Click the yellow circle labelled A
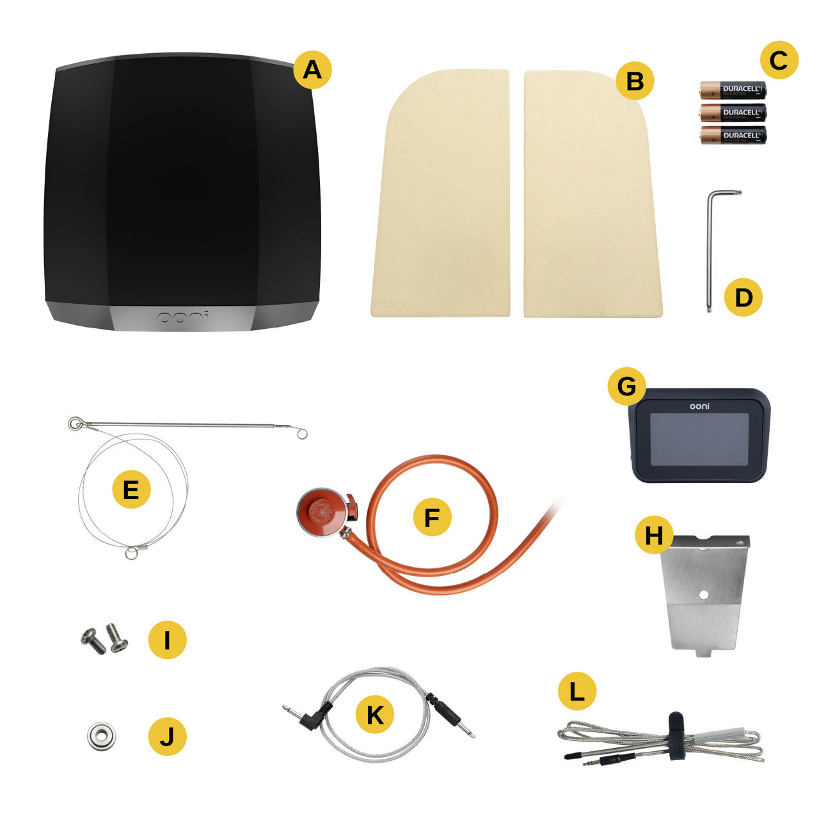(x=312, y=69)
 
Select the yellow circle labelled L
(x=576, y=691)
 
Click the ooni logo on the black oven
(x=183, y=317)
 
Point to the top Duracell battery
(x=733, y=90)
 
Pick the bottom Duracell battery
(x=733, y=135)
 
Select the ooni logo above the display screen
(x=699, y=406)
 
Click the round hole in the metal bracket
(x=704, y=594)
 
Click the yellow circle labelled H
(x=654, y=535)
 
